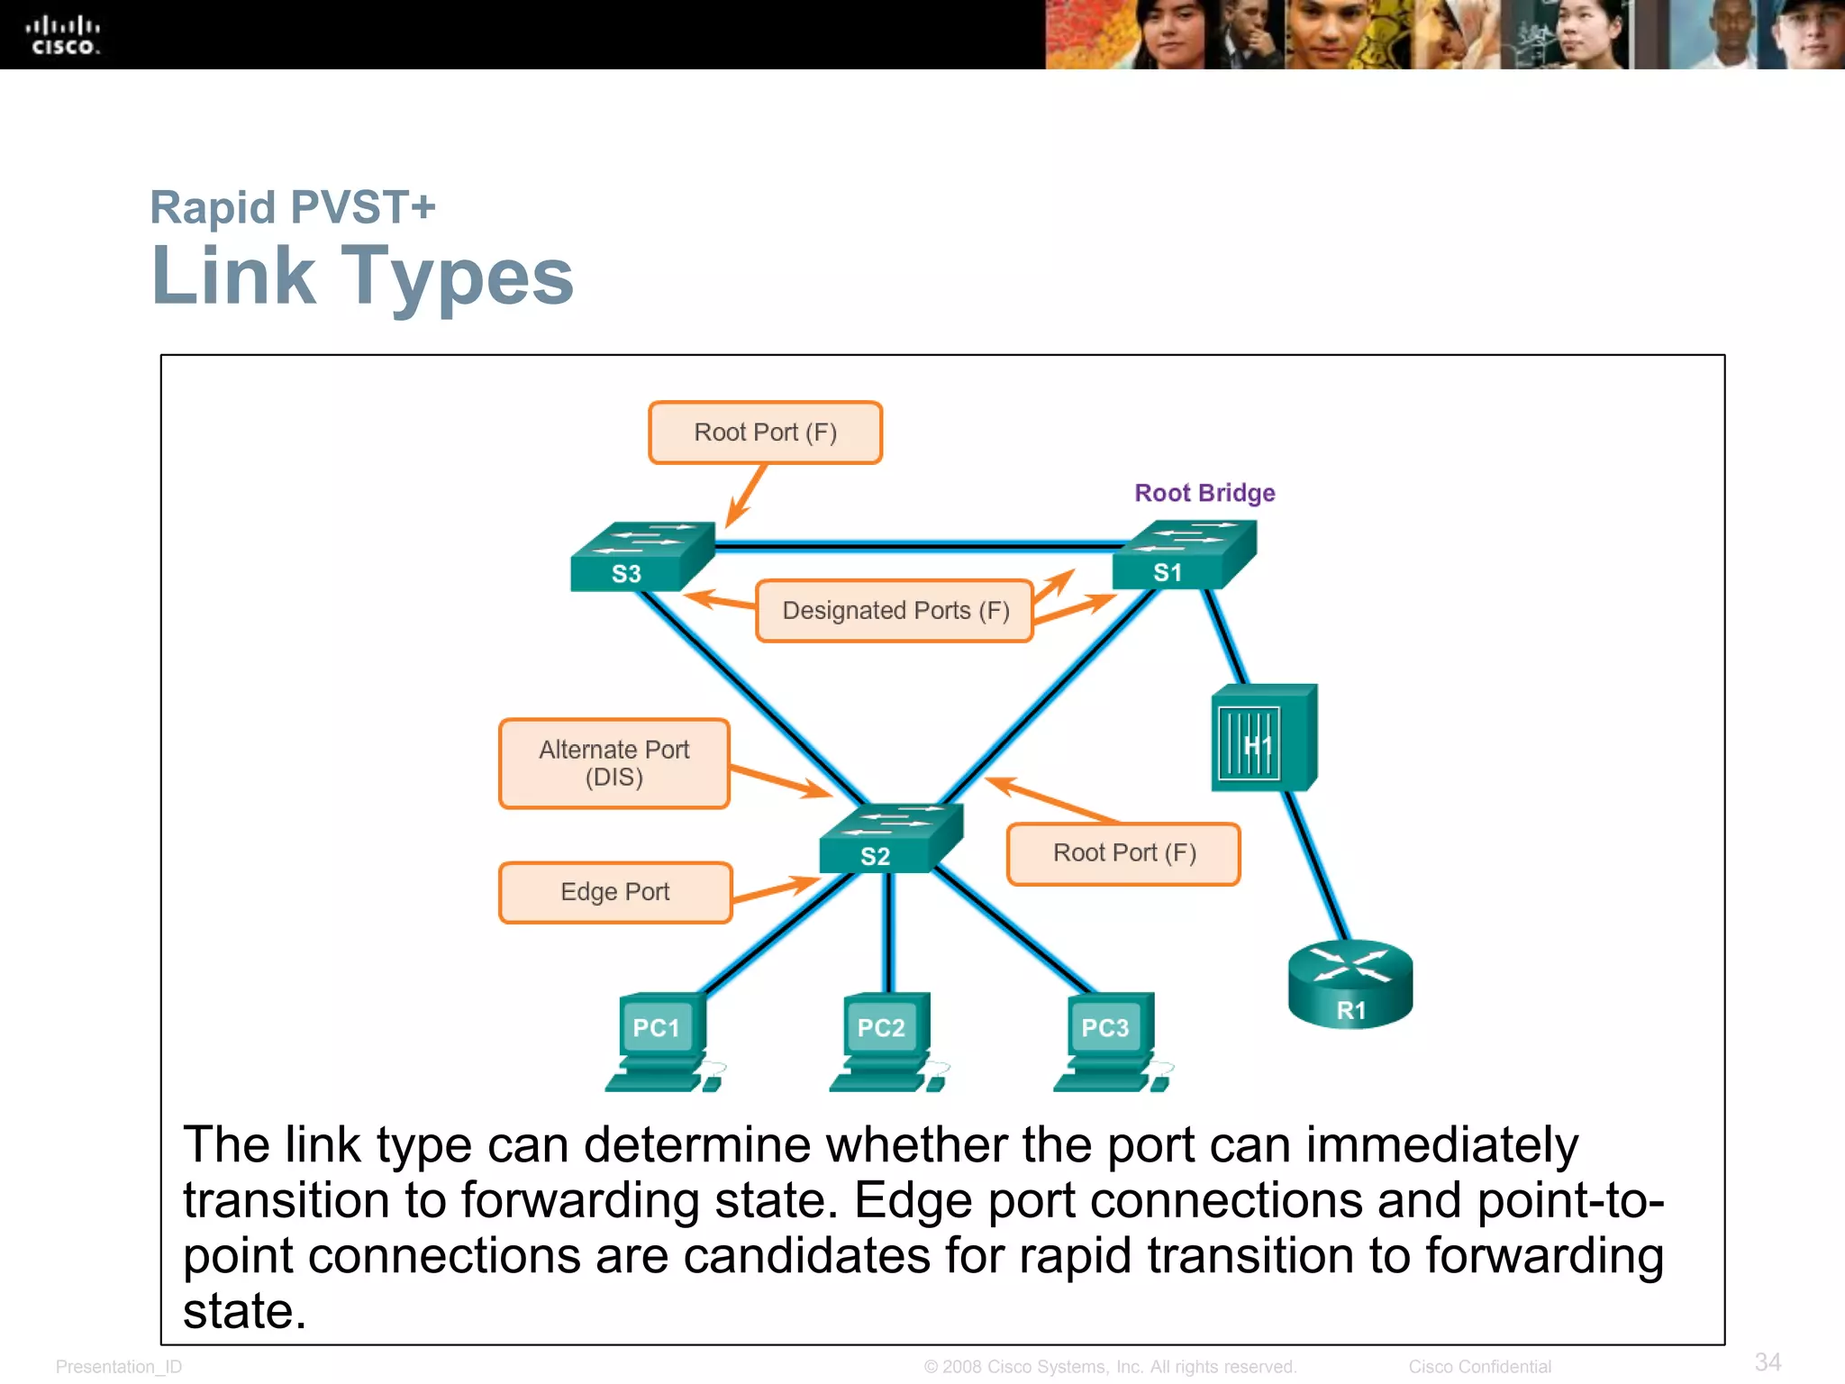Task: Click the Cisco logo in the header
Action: tap(62, 36)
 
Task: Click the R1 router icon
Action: tap(1350, 984)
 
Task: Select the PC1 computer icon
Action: tap(662, 1042)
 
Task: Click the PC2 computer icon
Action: tap(886, 1042)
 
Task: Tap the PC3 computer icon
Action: tap(1111, 1042)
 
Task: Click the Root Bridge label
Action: tap(1204, 493)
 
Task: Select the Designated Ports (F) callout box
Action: tap(894, 611)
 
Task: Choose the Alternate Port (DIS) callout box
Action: tap(613, 763)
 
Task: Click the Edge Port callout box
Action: tap(615, 892)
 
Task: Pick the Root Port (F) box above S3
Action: tap(765, 432)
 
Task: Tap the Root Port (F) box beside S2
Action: tap(1123, 853)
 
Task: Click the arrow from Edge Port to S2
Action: tap(775, 888)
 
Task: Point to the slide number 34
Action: tap(1768, 1361)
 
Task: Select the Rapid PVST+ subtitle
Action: tap(293, 207)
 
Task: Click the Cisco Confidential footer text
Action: tap(1479, 1366)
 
